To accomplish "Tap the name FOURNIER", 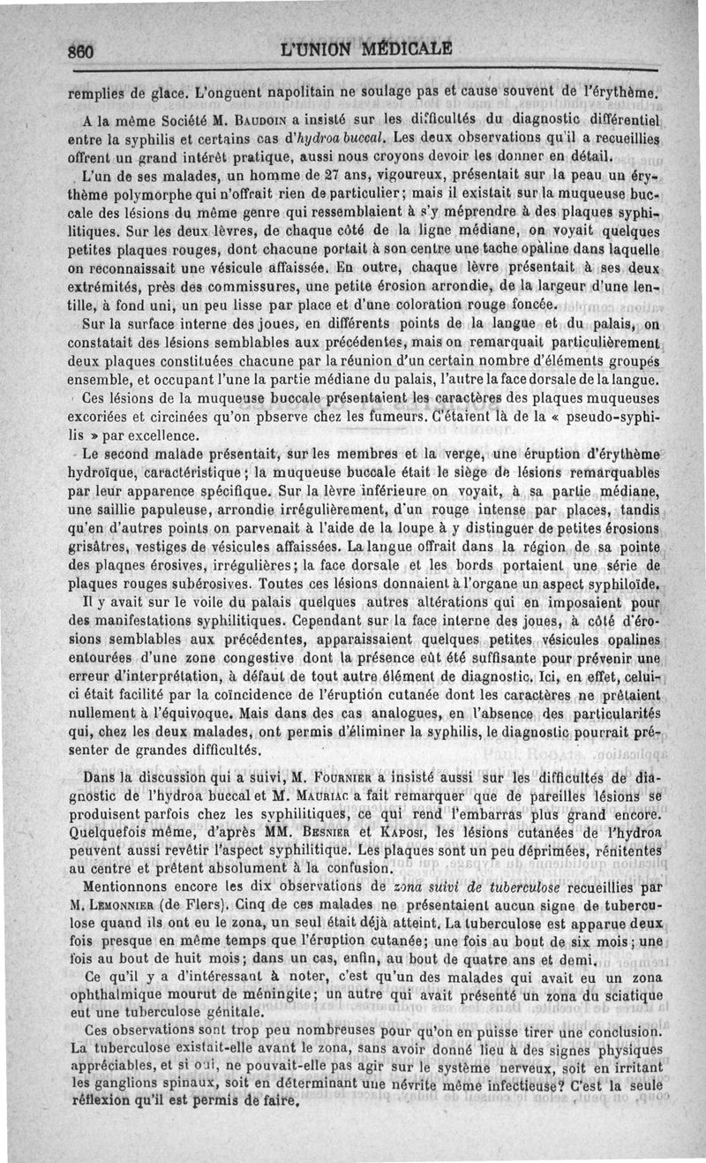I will point(342,778).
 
